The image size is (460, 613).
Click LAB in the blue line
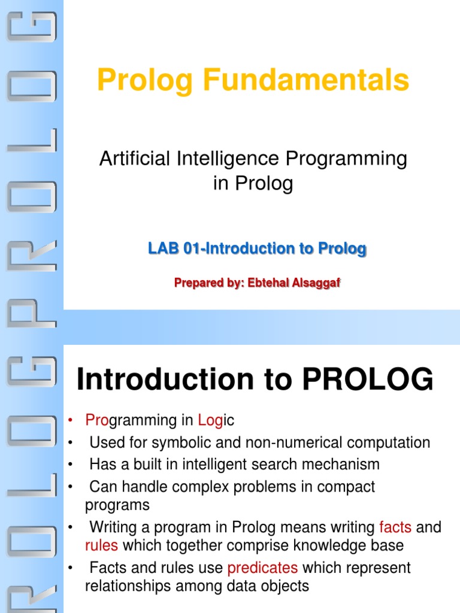coord(164,248)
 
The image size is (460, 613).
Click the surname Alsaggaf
coord(314,283)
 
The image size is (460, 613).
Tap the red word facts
coord(395,527)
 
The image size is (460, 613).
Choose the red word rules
coord(101,545)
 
